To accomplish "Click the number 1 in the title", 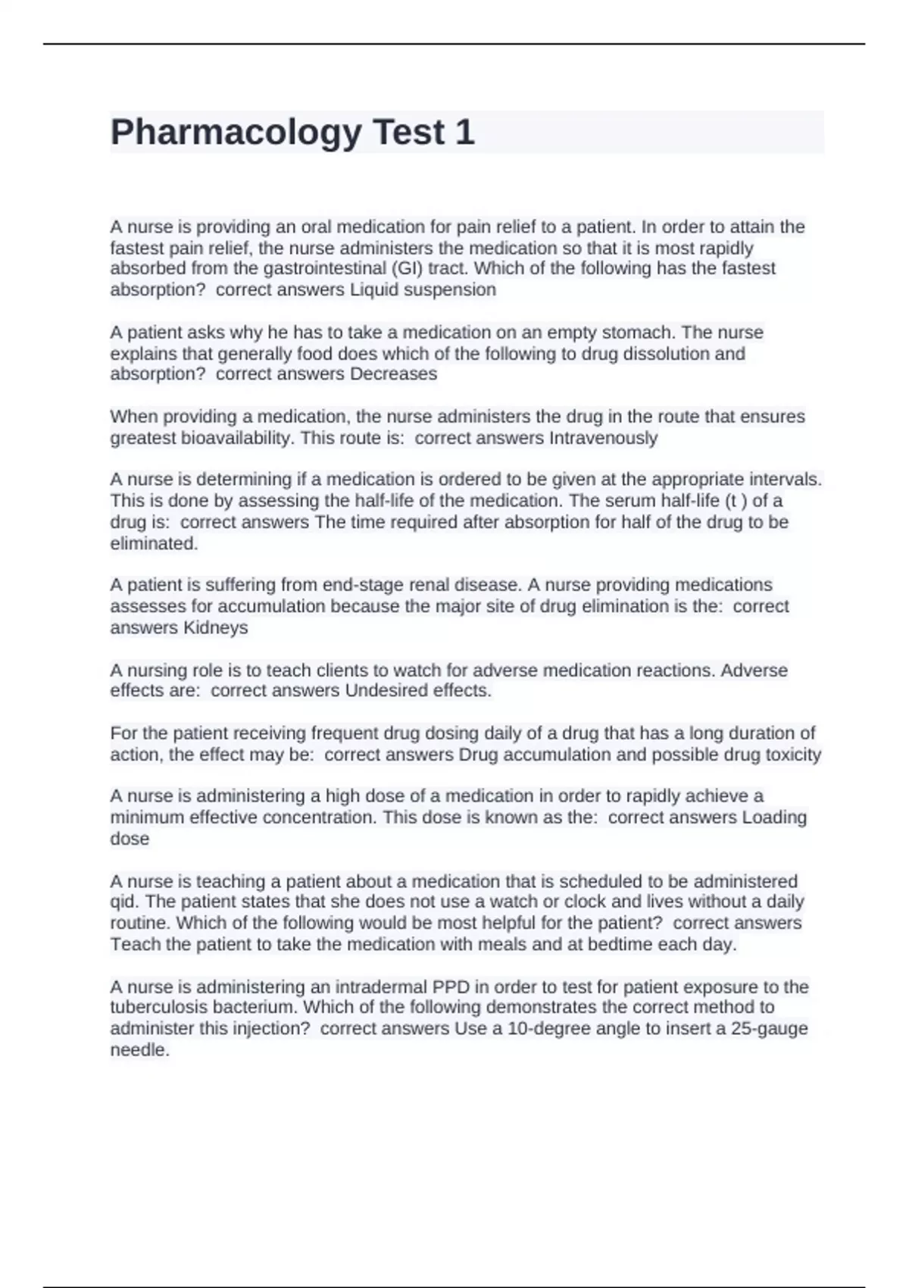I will click(464, 132).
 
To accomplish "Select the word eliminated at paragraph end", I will click(154, 543).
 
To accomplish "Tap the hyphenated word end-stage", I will click(360, 585).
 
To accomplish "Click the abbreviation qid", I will click(123, 902).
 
